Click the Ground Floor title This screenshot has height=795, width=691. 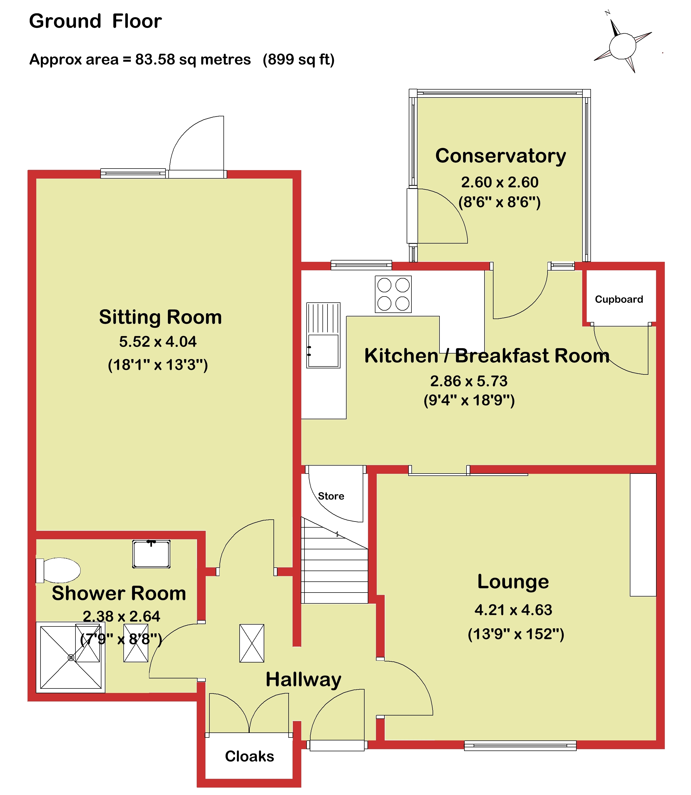(95, 21)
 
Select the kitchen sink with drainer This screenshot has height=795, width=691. (323, 335)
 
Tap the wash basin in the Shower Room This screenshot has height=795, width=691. (151, 554)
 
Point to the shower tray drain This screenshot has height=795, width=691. (71, 657)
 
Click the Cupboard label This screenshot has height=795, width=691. (619, 299)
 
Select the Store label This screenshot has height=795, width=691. (331, 496)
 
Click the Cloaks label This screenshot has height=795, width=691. (249, 756)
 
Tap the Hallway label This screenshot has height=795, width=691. (303, 680)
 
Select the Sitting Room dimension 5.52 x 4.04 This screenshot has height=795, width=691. (158, 342)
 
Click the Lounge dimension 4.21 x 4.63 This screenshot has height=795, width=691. (513, 610)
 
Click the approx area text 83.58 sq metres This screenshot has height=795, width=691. (193, 59)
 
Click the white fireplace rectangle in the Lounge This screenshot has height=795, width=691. (643, 535)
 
